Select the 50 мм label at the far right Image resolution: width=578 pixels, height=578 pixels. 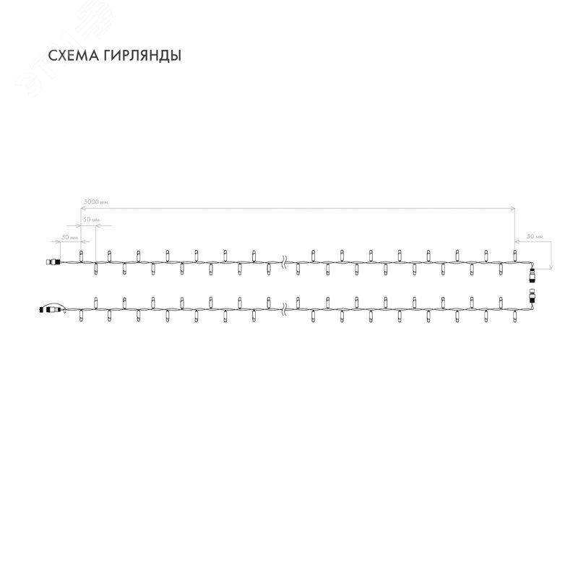[x=535, y=236]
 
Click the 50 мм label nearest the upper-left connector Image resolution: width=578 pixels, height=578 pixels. [x=69, y=237]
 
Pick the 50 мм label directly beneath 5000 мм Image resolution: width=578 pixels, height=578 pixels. [x=92, y=218]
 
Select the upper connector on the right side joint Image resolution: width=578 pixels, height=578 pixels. [x=533, y=273]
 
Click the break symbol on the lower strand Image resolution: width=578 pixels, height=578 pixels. [x=282, y=311]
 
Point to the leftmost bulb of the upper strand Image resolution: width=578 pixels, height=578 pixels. [x=81, y=255]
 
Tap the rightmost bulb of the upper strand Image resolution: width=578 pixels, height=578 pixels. [x=514, y=255]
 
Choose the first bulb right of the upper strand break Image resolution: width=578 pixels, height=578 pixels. [x=312, y=255]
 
